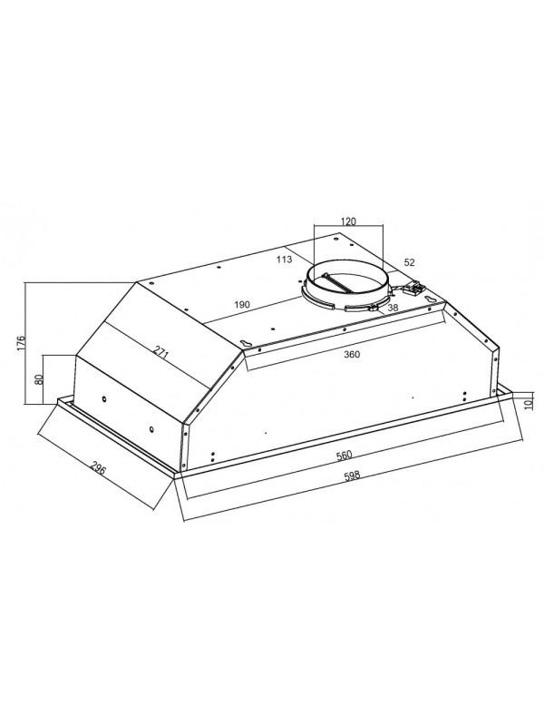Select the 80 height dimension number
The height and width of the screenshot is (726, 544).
coord(39,379)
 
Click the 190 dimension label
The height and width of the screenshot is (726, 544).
coord(242,305)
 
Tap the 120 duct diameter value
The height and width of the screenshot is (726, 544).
coord(348,221)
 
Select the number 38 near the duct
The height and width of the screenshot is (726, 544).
coord(393,308)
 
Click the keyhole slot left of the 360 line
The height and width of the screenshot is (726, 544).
coord(245,342)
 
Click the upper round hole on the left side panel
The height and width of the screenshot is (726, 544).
coord(104,400)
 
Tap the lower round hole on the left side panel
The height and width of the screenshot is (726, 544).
coord(150,430)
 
